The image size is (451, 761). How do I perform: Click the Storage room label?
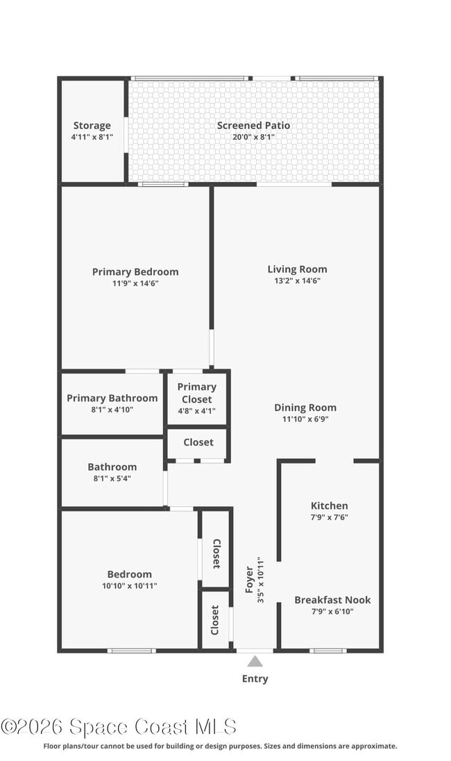(x=92, y=126)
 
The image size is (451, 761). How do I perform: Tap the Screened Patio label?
(x=253, y=126)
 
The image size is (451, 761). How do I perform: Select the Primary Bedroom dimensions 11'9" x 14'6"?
(x=135, y=283)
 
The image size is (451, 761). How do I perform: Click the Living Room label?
(x=297, y=269)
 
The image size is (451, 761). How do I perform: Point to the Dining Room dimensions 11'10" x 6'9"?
(x=305, y=419)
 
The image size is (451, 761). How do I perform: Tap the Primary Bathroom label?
(x=112, y=398)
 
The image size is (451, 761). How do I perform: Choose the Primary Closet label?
(x=197, y=393)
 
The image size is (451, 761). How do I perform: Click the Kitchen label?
(x=329, y=505)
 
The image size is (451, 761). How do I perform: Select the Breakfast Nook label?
(x=332, y=600)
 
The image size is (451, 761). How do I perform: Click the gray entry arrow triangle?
(x=255, y=661)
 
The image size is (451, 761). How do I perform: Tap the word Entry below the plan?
(x=255, y=679)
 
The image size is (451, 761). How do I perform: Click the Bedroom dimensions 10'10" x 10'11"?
(x=129, y=586)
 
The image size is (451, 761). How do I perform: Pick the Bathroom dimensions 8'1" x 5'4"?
(x=112, y=478)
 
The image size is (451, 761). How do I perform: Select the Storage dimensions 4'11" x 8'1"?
(x=92, y=137)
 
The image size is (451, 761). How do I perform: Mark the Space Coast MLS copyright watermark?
(x=119, y=727)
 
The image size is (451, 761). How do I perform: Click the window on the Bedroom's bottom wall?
(x=130, y=651)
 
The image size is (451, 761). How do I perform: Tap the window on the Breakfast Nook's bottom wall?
(x=327, y=651)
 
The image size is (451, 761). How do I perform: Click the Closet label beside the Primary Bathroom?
(x=198, y=442)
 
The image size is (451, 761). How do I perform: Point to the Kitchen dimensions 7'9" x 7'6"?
(x=329, y=517)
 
